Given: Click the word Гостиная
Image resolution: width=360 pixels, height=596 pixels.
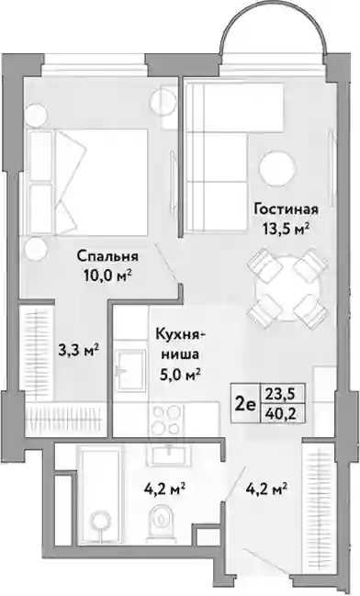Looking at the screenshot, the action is click(x=287, y=209).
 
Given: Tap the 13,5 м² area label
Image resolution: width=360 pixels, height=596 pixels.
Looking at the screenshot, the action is click(x=286, y=229).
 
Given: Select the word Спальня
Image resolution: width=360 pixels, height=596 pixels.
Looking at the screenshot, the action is click(x=107, y=256).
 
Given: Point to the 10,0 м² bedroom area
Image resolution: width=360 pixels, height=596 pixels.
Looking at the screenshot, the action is click(x=107, y=275).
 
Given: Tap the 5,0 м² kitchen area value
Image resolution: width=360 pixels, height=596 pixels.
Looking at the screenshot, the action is click(x=181, y=375).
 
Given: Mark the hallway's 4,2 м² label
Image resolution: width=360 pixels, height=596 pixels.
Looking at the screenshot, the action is click(x=265, y=488).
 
